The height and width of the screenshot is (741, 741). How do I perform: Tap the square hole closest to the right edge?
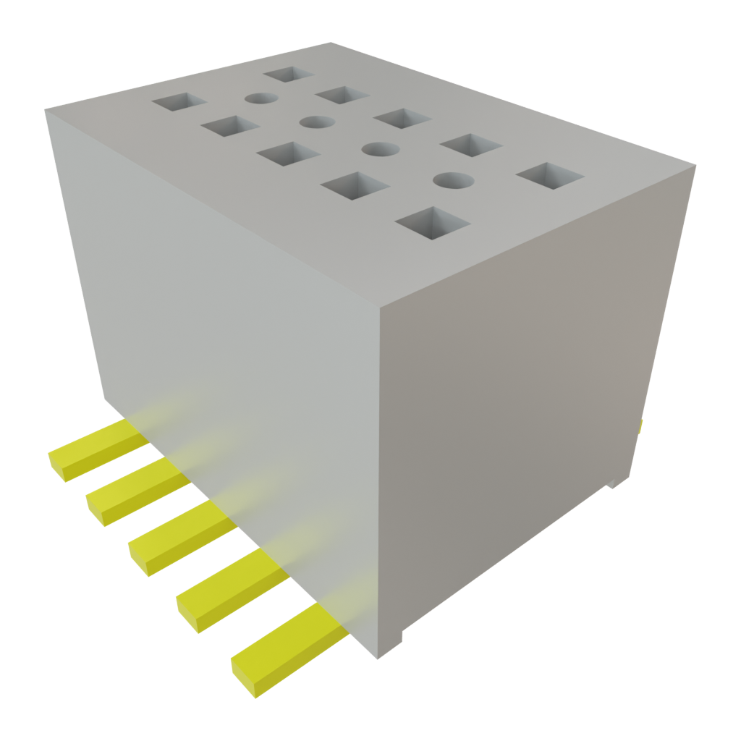pos(551,176)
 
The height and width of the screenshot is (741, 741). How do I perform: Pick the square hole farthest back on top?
pos(288,74)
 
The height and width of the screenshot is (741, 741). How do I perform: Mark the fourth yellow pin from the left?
pos(230,588)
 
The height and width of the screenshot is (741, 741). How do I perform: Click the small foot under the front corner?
pos(390,645)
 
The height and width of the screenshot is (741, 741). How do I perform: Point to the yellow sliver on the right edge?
pos(640,427)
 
